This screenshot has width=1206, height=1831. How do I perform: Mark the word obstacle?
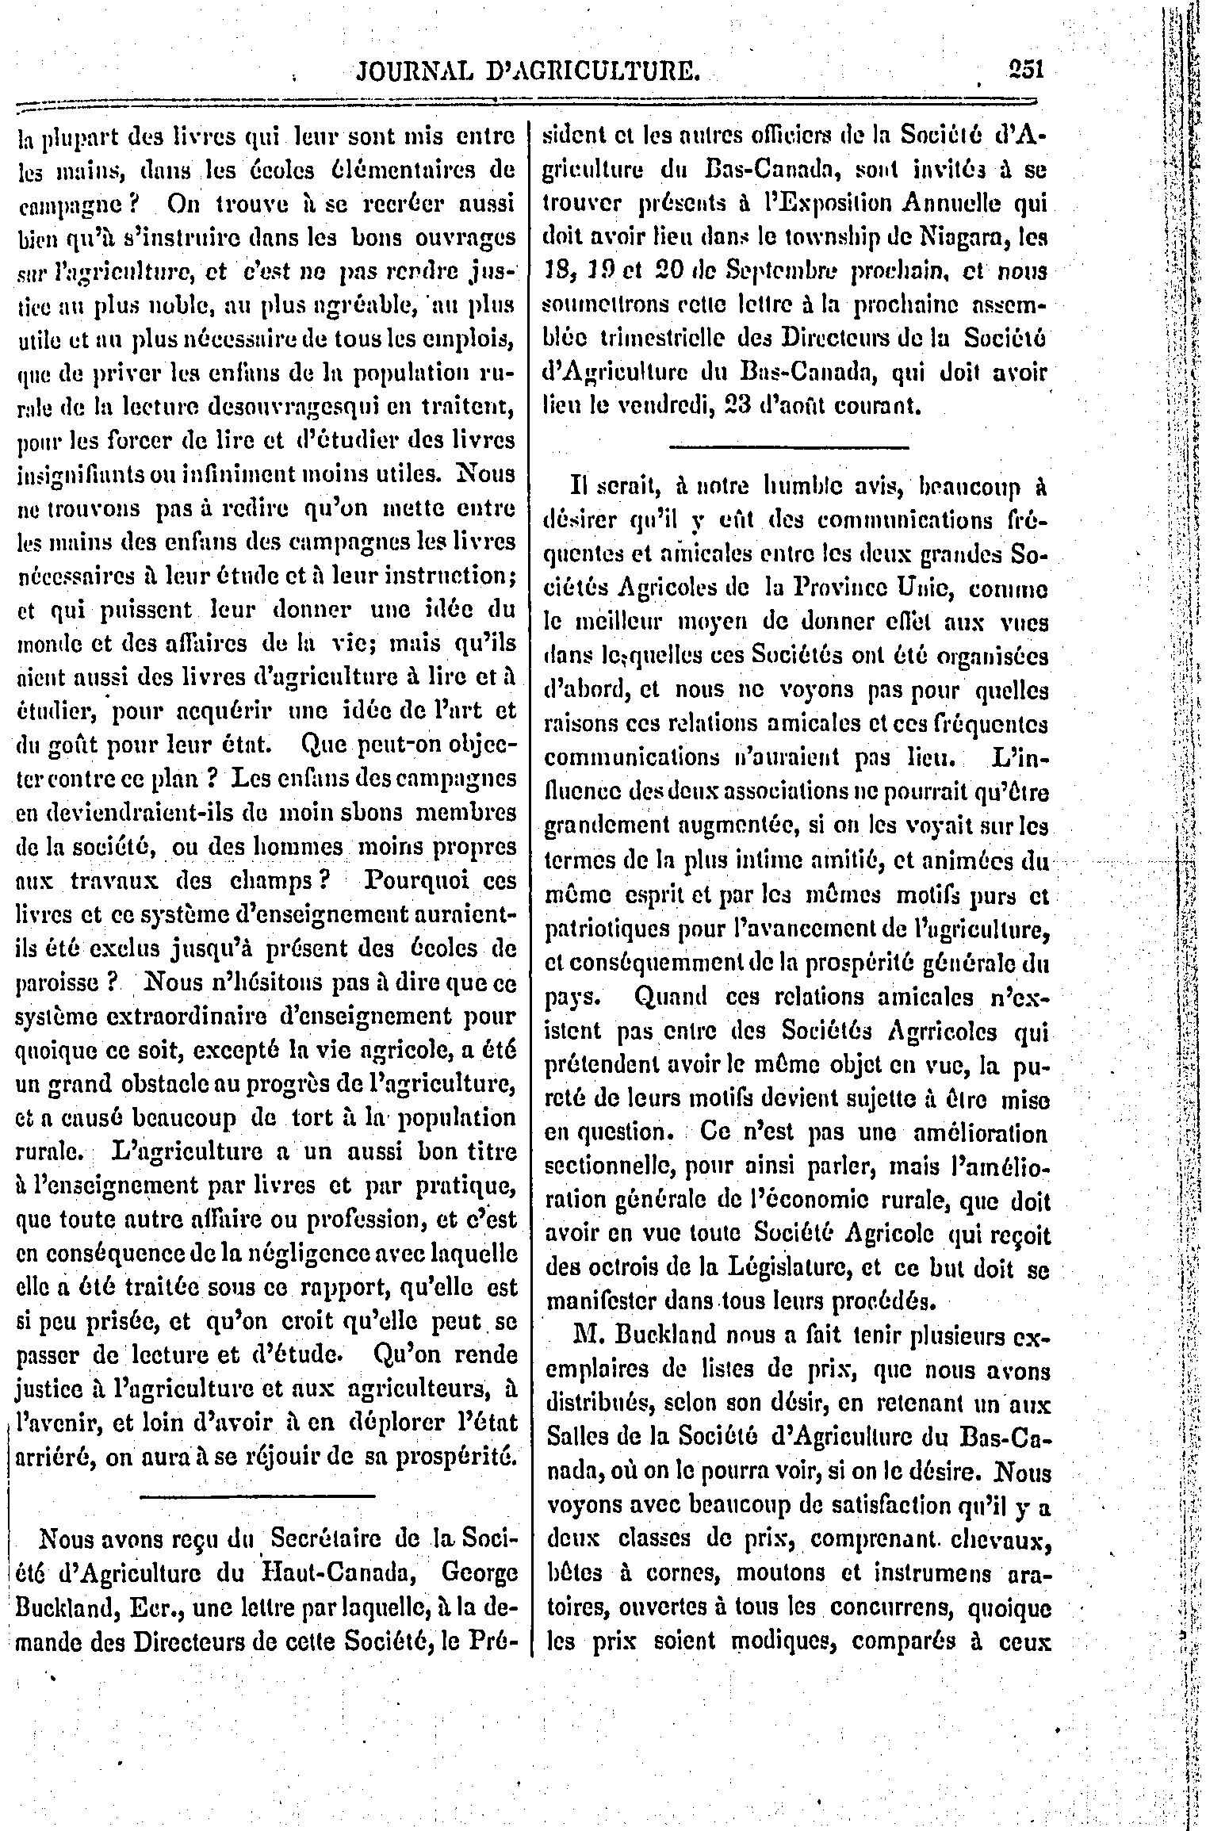(190, 1084)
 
